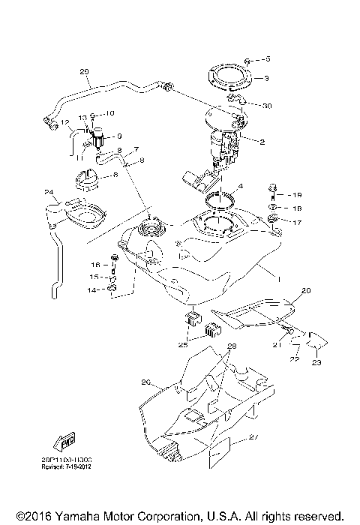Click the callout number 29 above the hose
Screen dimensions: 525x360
point(84,72)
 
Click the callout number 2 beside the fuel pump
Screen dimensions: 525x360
point(262,142)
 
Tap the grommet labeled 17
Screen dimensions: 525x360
point(274,219)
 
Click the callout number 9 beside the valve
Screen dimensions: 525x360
point(118,137)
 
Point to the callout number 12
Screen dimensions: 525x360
point(65,122)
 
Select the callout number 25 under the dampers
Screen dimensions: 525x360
point(182,346)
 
